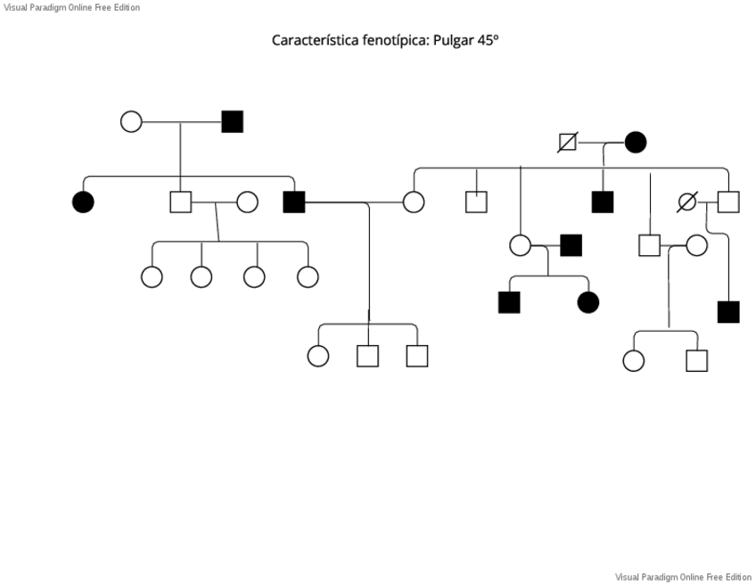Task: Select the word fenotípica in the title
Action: coord(390,40)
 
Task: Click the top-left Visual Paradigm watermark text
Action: coord(71,7)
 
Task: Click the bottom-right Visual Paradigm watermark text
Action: coord(683,577)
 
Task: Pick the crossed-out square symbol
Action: coord(567,142)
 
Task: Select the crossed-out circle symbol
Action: coord(686,202)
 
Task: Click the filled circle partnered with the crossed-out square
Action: coord(635,142)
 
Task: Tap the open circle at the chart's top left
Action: coord(131,121)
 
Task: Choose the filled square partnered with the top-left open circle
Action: coord(232,121)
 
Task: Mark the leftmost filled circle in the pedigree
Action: coord(83,202)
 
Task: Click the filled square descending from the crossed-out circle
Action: coord(728,312)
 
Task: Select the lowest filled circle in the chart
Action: coord(588,302)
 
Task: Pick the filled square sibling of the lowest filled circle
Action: coord(509,302)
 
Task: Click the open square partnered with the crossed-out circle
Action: coord(728,202)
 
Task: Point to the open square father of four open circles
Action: coord(181,202)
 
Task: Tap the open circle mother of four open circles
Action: coord(247,202)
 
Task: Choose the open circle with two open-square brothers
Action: coord(317,356)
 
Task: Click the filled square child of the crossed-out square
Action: coord(603,202)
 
